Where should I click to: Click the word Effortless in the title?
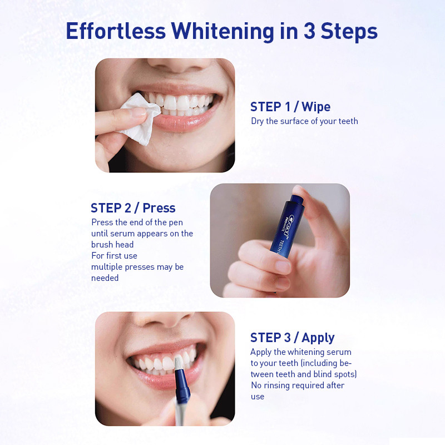click(116, 31)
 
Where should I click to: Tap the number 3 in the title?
click(310, 31)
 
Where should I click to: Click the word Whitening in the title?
click(223, 32)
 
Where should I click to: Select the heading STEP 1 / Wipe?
click(290, 107)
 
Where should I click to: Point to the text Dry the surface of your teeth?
click(304, 121)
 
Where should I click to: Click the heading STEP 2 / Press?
click(133, 208)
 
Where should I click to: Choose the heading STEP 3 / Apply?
click(293, 338)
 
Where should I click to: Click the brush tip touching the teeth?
click(179, 363)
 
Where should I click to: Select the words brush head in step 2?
click(112, 245)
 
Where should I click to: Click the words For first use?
click(114, 256)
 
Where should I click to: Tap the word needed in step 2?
click(105, 278)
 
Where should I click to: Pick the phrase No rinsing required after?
click(298, 385)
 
